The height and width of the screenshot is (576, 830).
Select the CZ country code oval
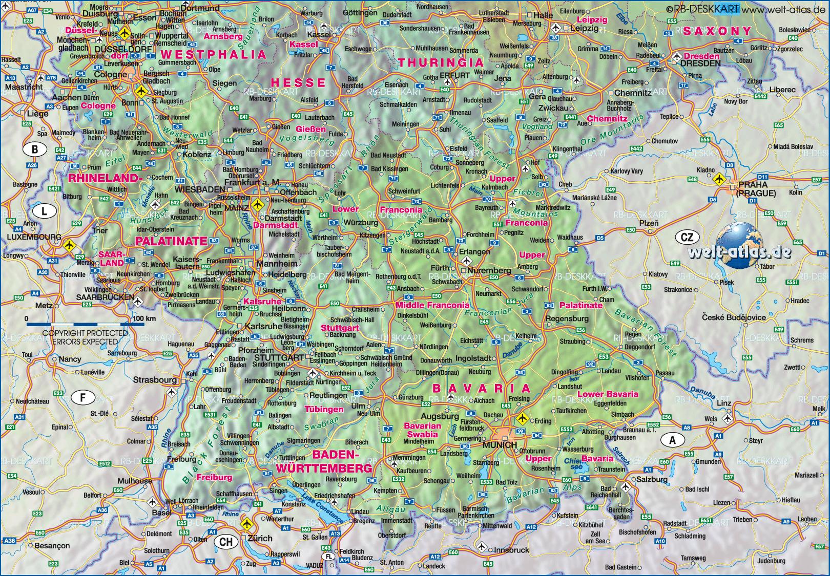[x=687, y=237]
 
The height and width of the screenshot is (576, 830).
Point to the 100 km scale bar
[x=85, y=324]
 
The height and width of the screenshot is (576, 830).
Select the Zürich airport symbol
[x=247, y=524]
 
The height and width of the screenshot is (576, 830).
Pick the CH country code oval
[x=226, y=542]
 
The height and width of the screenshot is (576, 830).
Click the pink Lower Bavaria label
[x=608, y=394]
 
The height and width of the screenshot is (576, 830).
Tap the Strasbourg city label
[x=155, y=380]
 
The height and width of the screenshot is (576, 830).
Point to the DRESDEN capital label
[x=700, y=63]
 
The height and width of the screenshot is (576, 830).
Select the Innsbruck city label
[x=511, y=550]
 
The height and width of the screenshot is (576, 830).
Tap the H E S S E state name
[x=298, y=83]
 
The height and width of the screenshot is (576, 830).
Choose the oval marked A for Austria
[x=673, y=439]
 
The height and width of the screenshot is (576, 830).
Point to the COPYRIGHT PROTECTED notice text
[x=85, y=333]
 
